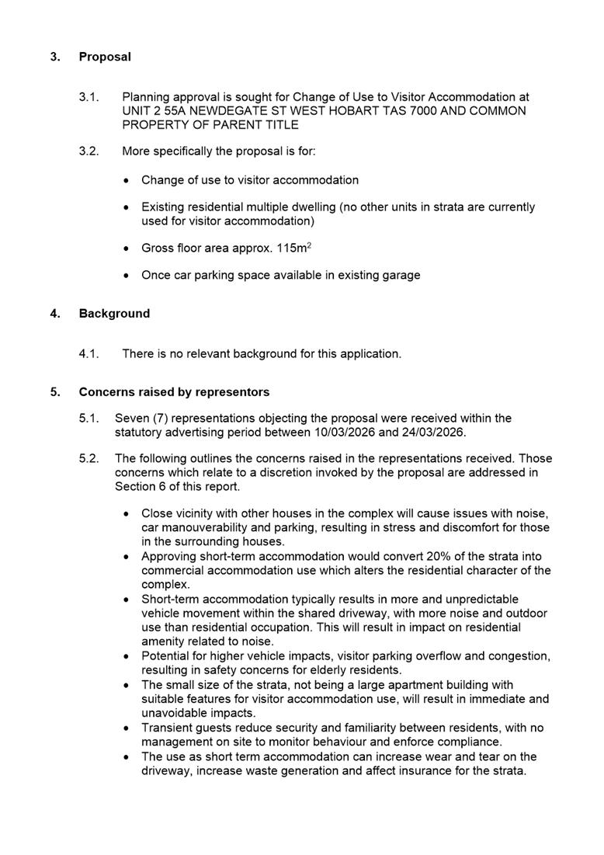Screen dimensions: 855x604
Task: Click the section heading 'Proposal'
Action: (105, 57)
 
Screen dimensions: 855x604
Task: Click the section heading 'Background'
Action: (114, 314)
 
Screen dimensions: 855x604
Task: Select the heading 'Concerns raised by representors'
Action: (174, 392)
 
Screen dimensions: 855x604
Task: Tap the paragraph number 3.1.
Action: (89, 97)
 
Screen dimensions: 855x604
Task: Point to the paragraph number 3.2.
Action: (89, 151)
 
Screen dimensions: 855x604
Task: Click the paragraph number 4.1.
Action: (89, 354)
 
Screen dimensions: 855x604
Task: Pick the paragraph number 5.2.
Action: (89, 459)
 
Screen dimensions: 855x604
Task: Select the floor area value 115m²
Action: (294, 248)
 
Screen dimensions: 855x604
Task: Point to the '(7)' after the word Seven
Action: (160, 419)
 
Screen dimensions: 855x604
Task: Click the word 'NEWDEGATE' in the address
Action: (222, 111)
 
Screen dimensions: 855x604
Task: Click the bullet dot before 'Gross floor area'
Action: (127, 249)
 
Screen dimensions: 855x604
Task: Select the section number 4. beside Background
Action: (55, 314)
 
